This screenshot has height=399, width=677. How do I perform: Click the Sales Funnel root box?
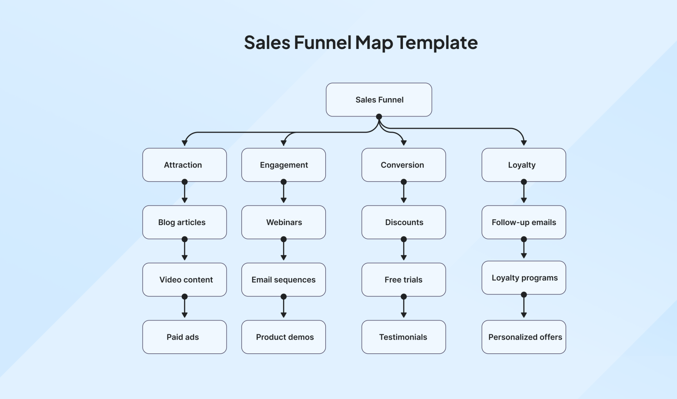[379, 100]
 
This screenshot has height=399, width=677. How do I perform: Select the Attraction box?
[184, 165]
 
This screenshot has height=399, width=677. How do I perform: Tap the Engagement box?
[283, 165]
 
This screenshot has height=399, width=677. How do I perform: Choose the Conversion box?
[403, 165]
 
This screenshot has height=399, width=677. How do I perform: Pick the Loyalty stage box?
[523, 165]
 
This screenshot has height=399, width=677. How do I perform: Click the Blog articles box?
[184, 222]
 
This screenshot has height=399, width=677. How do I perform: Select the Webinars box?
[283, 222]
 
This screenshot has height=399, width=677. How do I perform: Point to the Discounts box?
[403, 222]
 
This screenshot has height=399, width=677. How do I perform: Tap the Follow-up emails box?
[523, 222]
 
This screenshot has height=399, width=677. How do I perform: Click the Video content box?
[184, 280]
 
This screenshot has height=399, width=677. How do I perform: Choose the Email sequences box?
[283, 280]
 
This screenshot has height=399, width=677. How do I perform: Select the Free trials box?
[403, 280]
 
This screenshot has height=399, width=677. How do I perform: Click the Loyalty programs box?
[523, 278]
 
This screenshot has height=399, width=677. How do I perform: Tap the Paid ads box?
[184, 337]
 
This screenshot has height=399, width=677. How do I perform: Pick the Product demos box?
[283, 337]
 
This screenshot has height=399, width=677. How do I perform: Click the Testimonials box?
[403, 337]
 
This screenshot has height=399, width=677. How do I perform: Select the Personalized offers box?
[523, 337]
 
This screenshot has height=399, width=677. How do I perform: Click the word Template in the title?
[437, 43]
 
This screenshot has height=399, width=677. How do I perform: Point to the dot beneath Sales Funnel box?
[379, 117]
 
